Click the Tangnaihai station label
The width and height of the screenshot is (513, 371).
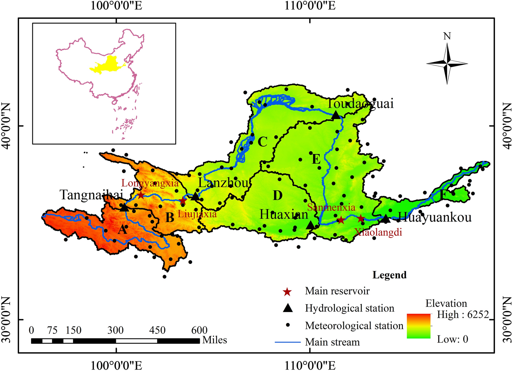click(91, 195)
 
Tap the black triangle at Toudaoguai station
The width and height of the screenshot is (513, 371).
click(336, 115)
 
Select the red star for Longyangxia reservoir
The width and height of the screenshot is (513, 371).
click(141, 195)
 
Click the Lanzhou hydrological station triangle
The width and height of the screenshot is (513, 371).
click(195, 196)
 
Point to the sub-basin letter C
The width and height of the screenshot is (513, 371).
click(262, 142)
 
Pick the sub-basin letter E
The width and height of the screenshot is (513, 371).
click(316, 159)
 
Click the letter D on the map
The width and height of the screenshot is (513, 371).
click(277, 196)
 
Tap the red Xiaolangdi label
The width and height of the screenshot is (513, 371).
click(378, 233)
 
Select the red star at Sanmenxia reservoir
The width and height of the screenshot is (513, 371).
click(341, 220)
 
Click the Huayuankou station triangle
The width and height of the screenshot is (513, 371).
click(385, 219)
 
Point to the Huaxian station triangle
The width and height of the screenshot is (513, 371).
click(310, 225)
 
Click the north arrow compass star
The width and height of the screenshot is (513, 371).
click(447, 63)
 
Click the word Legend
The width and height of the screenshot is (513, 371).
click(389, 275)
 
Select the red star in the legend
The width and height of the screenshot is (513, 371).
click(287, 292)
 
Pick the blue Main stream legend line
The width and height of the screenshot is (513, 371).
click(288, 342)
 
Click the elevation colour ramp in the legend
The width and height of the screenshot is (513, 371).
click(419, 326)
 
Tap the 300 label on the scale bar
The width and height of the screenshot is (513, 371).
click(115, 330)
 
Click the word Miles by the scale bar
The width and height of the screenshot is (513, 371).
click(214, 340)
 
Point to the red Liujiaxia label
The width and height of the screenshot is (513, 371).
click(197, 214)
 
